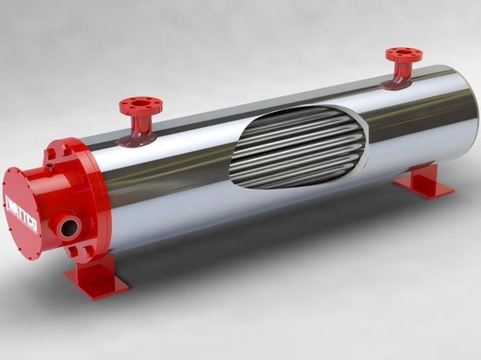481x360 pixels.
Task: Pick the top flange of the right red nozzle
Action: pos(403,54)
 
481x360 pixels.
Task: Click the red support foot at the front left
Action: pos(95,278)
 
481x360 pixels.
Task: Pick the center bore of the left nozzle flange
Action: pos(138,104)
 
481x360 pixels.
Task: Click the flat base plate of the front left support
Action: pos(96,288)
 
